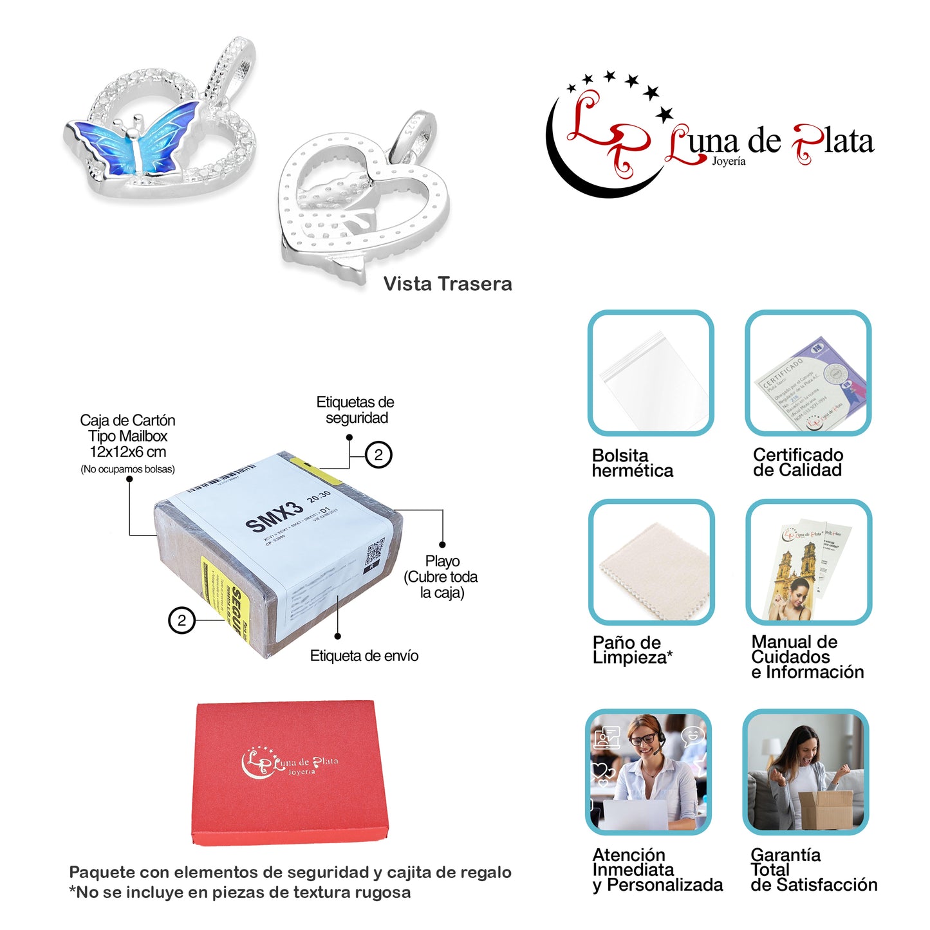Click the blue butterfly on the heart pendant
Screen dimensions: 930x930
138,143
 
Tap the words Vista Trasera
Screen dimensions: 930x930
447,284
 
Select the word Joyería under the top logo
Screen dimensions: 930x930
729,162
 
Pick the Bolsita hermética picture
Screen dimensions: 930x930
651,373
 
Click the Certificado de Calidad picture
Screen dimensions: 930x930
808,373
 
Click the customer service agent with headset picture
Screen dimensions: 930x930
649,772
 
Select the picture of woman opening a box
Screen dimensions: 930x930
806,772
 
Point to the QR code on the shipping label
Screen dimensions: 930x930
375,552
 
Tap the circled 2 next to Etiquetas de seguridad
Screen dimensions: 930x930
378,455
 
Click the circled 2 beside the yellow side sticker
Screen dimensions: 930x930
181,620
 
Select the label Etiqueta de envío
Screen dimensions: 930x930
364,656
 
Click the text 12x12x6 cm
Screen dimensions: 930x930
127,452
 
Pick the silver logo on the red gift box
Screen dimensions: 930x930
290,763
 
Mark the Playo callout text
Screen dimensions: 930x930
442,577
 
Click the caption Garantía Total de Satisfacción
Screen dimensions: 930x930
813,870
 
